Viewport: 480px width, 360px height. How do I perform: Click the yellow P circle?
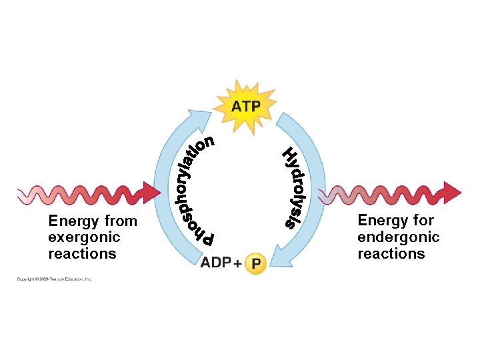(257, 264)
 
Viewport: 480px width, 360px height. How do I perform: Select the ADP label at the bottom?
(215, 263)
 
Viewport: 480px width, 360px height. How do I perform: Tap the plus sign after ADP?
(237, 264)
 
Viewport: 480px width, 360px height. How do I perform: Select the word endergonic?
(398, 237)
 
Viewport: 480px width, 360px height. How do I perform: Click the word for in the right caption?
(423, 221)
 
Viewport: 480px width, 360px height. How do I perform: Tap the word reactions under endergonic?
(391, 254)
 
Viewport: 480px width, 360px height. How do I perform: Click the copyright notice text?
(55, 279)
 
